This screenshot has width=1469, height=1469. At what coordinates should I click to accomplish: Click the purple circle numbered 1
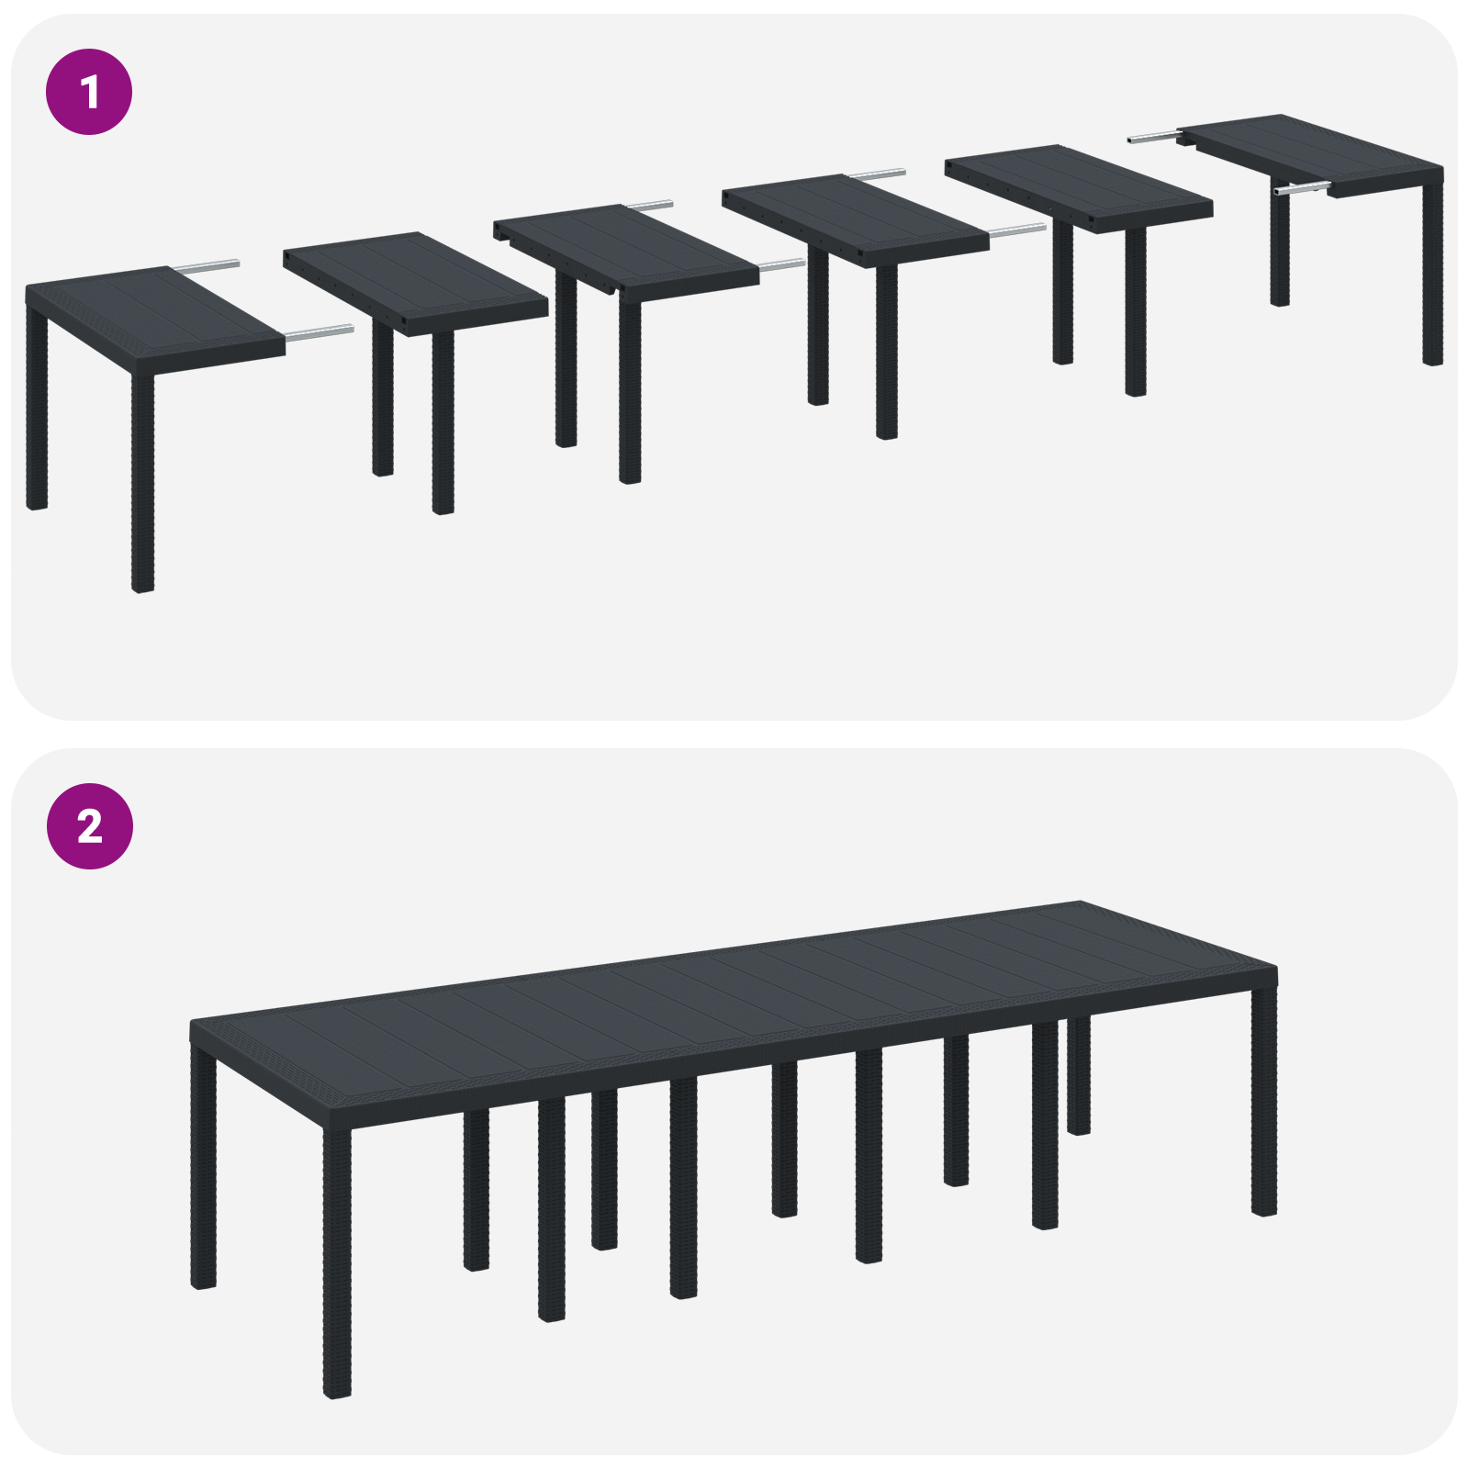[x=89, y=92]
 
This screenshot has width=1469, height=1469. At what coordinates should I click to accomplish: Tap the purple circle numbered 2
[x=89, y=826]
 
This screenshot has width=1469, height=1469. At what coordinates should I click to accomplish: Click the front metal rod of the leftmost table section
[x=319, y=333]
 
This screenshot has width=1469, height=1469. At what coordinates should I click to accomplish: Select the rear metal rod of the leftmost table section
[x=207, y=266]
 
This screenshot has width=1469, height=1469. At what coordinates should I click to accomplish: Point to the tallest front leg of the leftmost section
[x=142, y=482]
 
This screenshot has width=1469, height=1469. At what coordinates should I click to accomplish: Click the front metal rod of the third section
[x=781, y=265]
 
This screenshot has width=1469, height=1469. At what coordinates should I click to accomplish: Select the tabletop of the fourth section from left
[x=854, y=216]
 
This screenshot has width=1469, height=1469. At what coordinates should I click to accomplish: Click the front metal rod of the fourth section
[x=1016, y=230]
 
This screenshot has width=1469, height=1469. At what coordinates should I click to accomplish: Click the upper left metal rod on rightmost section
[x=1151, y=138]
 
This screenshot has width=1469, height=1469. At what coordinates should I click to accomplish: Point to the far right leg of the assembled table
[x=1263, y=1102]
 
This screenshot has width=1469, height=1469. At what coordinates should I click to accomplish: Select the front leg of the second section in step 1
[x=443, y=422]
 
